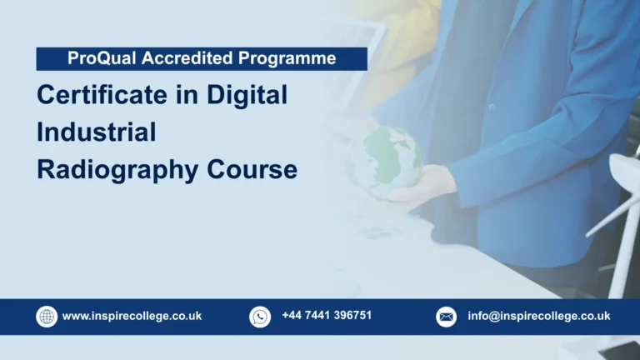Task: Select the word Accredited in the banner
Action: (x=177, y=58)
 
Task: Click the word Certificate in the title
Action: (x=103, y=95)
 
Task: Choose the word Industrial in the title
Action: (x=96, y=132)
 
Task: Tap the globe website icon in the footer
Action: (x=47, y=317)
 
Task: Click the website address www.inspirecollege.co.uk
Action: (x=132, y=317)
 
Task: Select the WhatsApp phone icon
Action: (x=260, y=317)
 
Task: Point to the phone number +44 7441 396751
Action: (x=327, y=316)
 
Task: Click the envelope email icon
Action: (x=447, y=317)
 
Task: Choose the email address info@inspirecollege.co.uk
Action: (x=538, y=317)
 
